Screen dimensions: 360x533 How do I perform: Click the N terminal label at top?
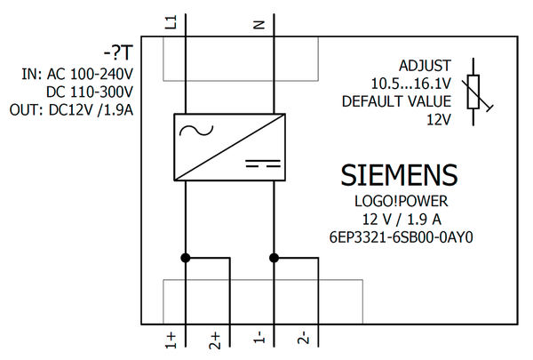(x=260, y=24)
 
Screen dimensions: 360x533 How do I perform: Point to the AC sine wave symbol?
(x=191, y=131)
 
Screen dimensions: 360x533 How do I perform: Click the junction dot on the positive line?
(x=185, y=258)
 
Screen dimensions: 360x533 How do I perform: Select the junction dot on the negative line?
(x=274, y=258)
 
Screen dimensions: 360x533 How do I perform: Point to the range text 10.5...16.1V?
(x=410, y=84)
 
